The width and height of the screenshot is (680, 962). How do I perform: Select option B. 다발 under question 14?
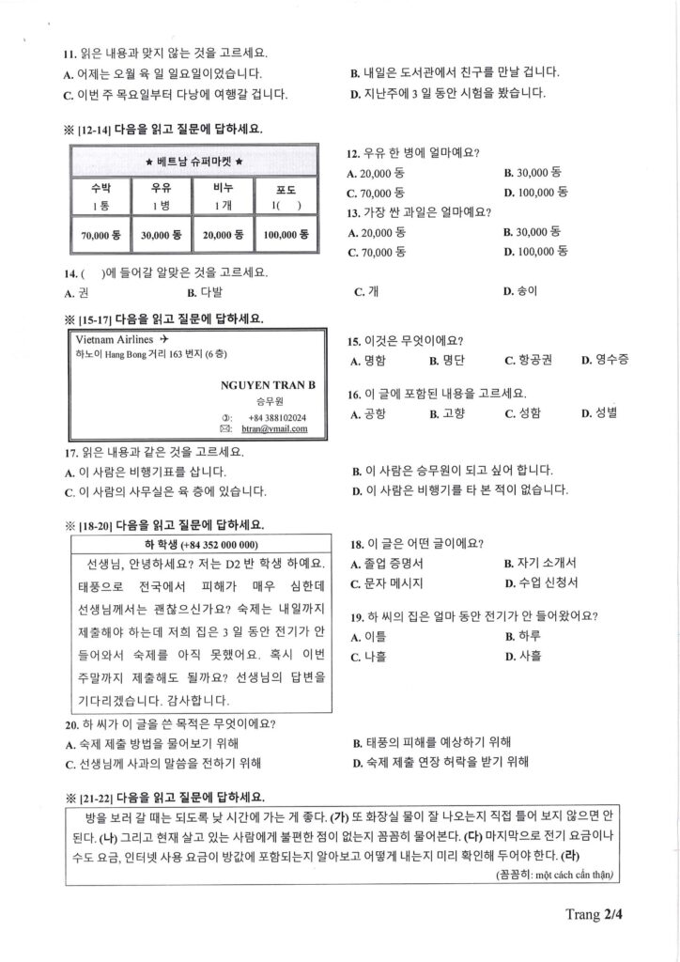[205, 292]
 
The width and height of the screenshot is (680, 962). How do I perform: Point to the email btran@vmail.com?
[275, 429]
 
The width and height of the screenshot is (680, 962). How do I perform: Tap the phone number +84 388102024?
[277, 417]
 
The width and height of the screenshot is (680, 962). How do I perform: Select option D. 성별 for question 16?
[599, 412]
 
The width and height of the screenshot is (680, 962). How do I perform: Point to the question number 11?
[70, 54]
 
